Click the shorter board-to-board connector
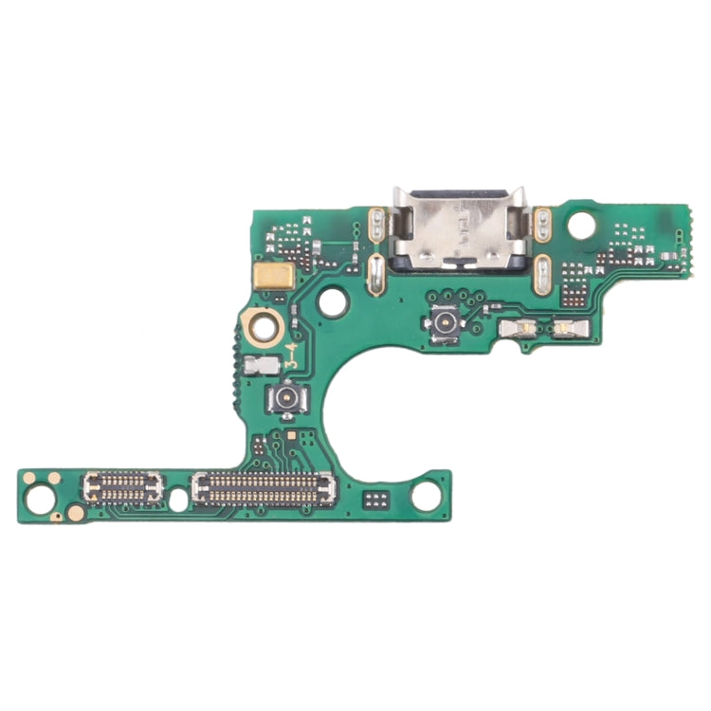click(123, 487)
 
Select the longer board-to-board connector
click(264, 489)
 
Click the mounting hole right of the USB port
click(582, 225)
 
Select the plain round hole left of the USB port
click(333, 301)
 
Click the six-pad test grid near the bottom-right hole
click(377, 498)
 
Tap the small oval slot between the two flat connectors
click(177, 500)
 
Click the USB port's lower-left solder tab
click(375, 274)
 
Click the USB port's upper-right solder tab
click(543, 224)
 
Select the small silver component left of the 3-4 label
click(256, 364)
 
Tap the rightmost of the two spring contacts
click(568, 328)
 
